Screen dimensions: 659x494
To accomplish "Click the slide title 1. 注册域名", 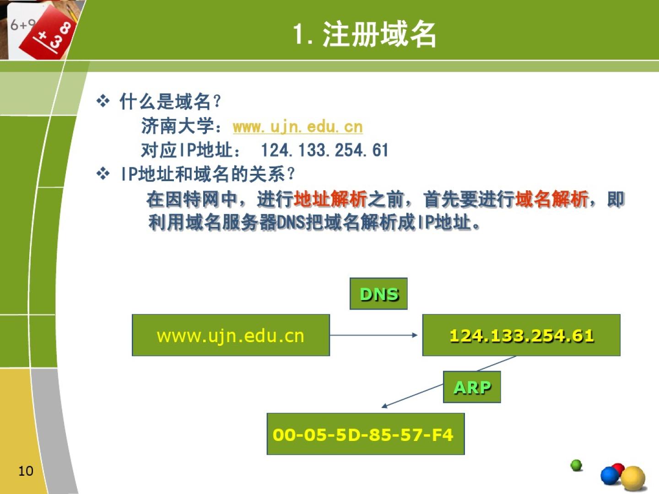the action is [364, 34].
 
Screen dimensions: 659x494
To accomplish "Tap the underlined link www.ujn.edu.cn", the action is [297, 127].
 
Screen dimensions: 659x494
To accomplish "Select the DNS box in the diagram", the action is [378, 294].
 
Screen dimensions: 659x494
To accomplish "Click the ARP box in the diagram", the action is [472, 387].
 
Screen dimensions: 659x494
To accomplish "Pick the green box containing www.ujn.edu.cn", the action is [231, 335].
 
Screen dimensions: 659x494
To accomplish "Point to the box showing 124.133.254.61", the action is [521, 335].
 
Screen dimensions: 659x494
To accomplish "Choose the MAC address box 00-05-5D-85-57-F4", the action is [366, 434].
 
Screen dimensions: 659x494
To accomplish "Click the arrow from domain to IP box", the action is [374, 335].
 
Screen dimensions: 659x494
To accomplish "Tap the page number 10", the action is [26, 471].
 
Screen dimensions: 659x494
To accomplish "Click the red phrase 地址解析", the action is [330, 199].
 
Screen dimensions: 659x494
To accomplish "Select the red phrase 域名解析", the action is [551, 199].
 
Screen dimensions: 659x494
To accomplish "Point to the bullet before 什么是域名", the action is [103, 101].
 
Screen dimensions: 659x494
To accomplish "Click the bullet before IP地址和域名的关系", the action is [103, 174].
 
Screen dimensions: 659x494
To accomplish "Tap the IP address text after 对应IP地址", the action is [324, 150].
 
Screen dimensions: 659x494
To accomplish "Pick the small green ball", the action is [576, 465].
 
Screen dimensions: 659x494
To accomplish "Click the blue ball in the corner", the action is [610, 475].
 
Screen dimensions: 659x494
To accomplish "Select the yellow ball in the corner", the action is [633, 478].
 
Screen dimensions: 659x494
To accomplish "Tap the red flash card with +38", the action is [48, 33].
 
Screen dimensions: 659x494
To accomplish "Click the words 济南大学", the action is [178, 126].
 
